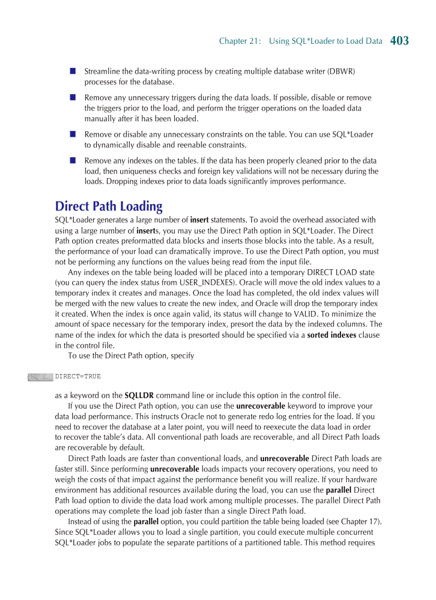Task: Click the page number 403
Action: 399,41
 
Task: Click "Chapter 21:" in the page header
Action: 240,41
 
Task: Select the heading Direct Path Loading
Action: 108,206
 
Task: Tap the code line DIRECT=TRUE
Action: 77,376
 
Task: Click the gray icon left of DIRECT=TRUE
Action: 40,377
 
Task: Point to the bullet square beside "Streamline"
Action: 72,71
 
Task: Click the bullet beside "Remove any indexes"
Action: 72,160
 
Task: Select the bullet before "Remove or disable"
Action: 72,134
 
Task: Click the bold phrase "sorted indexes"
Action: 331,335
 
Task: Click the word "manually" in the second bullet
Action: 100,119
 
